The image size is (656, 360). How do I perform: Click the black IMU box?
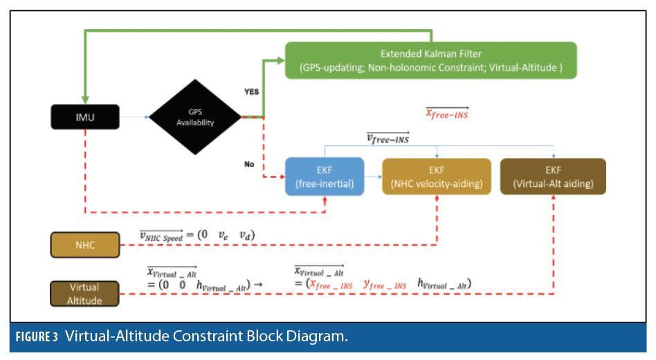pos(84,117)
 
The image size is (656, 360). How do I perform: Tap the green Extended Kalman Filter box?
pos(430,60)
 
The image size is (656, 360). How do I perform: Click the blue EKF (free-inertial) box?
pos(325,177)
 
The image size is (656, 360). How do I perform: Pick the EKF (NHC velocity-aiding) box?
pos(437,177)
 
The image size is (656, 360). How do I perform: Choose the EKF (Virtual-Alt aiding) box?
pos(552,177)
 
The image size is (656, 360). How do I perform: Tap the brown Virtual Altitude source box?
pos(84,294)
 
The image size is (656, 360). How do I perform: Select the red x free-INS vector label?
pos(446,114)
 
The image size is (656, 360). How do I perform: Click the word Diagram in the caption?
pos(313,337)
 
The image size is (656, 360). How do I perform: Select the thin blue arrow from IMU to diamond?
pos(135,117)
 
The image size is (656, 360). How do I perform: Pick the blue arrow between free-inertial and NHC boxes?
pos(373,177)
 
